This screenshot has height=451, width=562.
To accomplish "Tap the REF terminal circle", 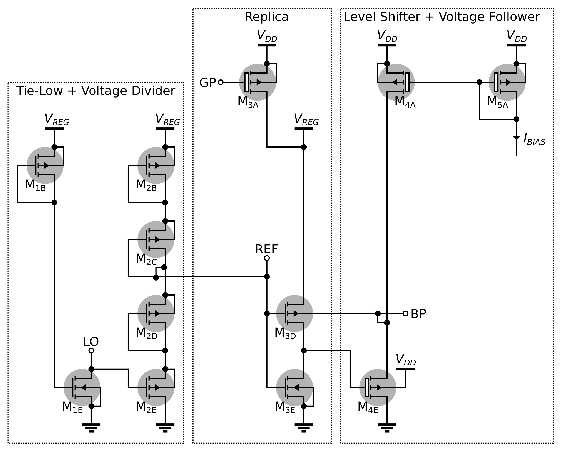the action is (x=267, y=258).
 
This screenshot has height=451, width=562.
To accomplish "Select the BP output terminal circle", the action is (x=405, y=313).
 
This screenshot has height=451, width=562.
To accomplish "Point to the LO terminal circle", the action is (x=91, y=351).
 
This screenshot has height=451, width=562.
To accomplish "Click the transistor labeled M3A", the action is (x=258, y=82).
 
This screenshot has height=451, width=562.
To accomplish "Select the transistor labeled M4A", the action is (x=396, y=82).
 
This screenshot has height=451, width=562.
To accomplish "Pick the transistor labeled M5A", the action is (x=507, y=82).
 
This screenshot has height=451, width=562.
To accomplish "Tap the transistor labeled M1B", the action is (x=45, y=165).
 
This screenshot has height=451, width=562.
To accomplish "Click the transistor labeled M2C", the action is (x=156, y=239).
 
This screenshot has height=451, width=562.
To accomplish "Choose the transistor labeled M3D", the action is (x=294, y=313).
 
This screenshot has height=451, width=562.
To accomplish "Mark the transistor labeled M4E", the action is (x=378, y=388).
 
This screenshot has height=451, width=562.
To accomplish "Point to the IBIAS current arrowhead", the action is (x=516, y=138).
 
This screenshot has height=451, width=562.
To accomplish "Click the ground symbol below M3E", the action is (x=304, y=428).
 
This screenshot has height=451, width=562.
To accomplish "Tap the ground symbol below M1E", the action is (x=91, y=428).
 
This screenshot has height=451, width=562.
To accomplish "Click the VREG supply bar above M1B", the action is (x=54, y=129).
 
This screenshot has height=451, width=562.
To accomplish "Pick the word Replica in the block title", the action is (x=266, y=17).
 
